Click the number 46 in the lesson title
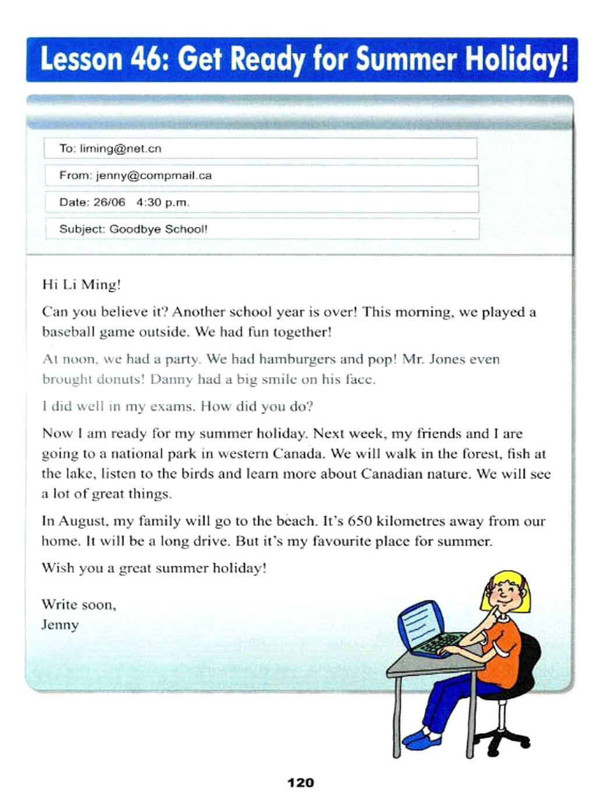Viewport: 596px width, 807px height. click(148, 59)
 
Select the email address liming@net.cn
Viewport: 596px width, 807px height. click(120, 148)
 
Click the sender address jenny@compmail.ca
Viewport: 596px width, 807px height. click(154, 175)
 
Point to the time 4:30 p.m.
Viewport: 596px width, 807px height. click(163, 202)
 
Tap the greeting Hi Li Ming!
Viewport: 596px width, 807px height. click(81, 285)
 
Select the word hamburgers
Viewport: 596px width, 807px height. click(297, 359)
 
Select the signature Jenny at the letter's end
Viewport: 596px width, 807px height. click(60, 625)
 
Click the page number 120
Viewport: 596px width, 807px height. click(300, 783)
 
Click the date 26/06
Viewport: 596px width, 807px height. click(109, 202)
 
